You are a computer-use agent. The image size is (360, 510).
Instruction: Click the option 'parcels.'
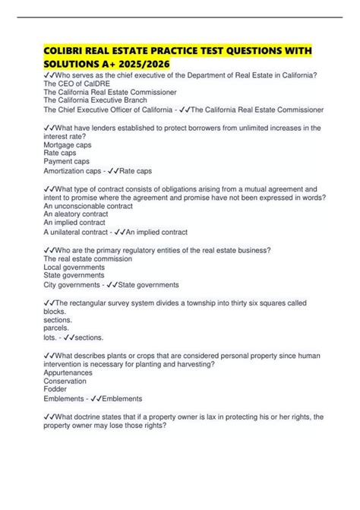(58, 329)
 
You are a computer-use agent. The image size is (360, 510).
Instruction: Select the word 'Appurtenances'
(68, 373)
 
